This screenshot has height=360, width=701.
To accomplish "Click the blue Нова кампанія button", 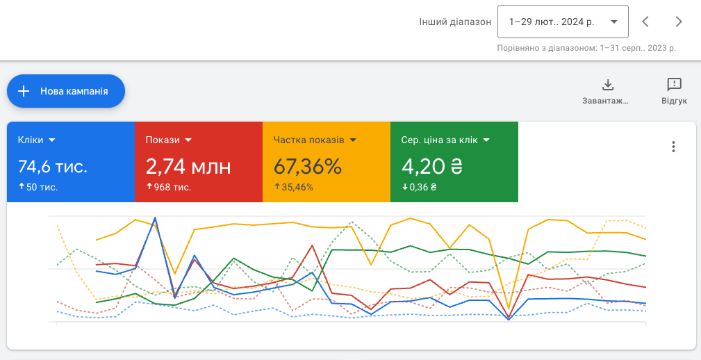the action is [66, 91].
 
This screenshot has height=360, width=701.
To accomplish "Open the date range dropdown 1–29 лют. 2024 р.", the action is [563, 22].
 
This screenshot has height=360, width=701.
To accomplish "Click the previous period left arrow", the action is [645, 22].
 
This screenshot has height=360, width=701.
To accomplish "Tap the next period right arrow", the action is [679, 22].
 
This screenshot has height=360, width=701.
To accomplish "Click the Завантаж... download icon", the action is [608, 85].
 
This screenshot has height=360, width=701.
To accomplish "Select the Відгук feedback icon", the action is [674, 85].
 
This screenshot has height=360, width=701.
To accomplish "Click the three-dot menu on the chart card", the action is [673, 147].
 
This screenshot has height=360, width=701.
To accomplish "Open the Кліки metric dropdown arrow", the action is [52, 140].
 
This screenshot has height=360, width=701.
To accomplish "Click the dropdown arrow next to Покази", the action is [188, 140].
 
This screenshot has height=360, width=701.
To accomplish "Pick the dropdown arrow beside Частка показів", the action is [353, 140].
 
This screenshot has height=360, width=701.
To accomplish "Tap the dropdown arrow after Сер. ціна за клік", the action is [486, 140].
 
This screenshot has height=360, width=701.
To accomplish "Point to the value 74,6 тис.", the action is [53, 166].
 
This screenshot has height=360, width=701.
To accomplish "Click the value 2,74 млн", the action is [188, 166].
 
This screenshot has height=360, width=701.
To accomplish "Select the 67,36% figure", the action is [308, 166].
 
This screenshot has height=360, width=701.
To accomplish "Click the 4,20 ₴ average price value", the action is [432, 166].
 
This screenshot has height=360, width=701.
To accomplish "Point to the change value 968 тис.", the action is [172, 188].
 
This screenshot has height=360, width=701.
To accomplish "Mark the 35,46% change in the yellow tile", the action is [297, 188].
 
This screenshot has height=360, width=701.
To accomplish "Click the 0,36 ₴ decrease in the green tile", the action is [423, 188].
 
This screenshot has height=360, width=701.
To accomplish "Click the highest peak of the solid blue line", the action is [155, 218].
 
